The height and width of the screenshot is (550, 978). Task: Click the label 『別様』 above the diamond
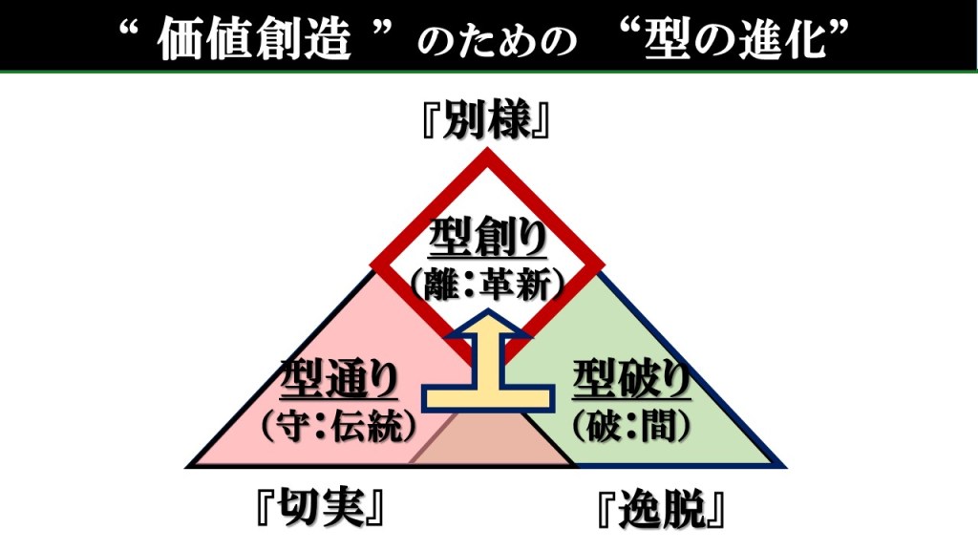click(x=488, y=122)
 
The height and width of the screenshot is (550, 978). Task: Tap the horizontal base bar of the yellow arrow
click(x=488, y=397)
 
